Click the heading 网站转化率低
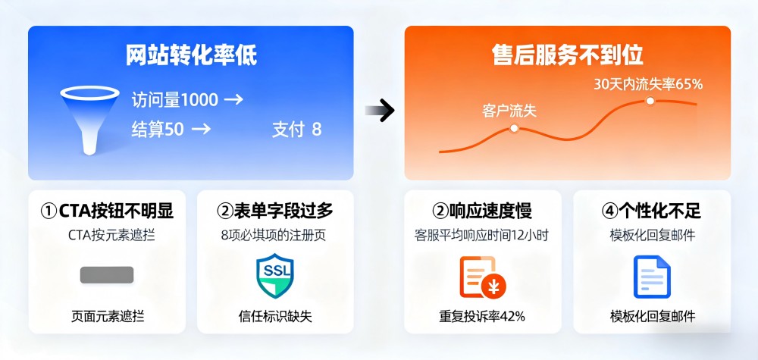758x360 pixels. (192, 55)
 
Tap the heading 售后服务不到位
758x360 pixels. (568, 55)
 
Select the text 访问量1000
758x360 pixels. (174, 100)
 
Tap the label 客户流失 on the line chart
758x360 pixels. (509, 111)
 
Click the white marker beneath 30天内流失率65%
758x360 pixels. (650, 101)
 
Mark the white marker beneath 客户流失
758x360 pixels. (514, 128)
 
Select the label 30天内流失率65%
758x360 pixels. (648, 84)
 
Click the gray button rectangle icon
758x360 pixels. (107, 275)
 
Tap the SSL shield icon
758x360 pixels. (274, 275)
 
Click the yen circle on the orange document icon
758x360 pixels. (493, 287)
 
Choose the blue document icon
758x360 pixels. (652, 277)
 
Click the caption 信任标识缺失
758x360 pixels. (275, 316)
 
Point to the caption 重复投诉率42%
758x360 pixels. (482, 316)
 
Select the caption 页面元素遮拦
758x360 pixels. (108, 316)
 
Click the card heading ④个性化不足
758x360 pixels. (651, 211)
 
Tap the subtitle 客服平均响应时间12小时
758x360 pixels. (481, 236)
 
